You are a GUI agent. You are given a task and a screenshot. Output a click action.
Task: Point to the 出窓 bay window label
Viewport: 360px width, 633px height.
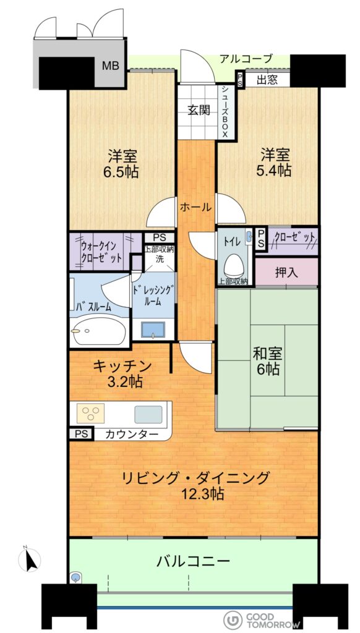tap(267, 80)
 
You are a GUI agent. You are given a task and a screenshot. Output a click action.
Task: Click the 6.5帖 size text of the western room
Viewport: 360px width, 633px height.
tap(122, 172)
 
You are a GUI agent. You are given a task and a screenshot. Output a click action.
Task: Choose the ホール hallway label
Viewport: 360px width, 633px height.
tap(195, 208)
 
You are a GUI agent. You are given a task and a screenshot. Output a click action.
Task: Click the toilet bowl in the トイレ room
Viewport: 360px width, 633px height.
tap(234, 265)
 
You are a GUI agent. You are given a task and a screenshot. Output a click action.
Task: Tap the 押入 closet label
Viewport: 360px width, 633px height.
tap(286, 273)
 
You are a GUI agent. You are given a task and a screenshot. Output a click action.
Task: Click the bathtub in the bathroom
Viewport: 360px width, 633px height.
tap(100, 331)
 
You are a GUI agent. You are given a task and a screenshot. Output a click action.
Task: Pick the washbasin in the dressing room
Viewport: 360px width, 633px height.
tap(153, 329)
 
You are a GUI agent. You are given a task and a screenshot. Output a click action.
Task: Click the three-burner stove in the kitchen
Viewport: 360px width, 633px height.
tap(92, 413)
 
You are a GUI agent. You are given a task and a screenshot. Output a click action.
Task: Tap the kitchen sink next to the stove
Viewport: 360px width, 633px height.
tap(148, 414)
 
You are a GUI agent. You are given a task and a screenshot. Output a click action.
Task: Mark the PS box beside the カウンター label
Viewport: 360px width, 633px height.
tap(82, 433)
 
